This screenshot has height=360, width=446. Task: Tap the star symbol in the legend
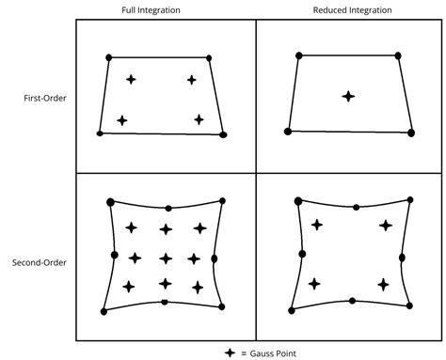229,352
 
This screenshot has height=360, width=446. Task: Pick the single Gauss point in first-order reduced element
348,96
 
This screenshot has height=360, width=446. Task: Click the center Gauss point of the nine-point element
166,258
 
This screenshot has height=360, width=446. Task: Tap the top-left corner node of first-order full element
109,58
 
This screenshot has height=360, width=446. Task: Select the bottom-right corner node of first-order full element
223,134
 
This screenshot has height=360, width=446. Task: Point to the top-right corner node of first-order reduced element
397,56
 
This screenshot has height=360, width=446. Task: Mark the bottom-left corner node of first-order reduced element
286,133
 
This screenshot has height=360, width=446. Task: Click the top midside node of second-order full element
167,208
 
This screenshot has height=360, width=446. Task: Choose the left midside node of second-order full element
114,255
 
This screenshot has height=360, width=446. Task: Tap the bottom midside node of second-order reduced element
353,302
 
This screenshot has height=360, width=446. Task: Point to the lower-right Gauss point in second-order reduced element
383,284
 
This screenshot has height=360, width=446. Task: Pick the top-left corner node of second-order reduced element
298,200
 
